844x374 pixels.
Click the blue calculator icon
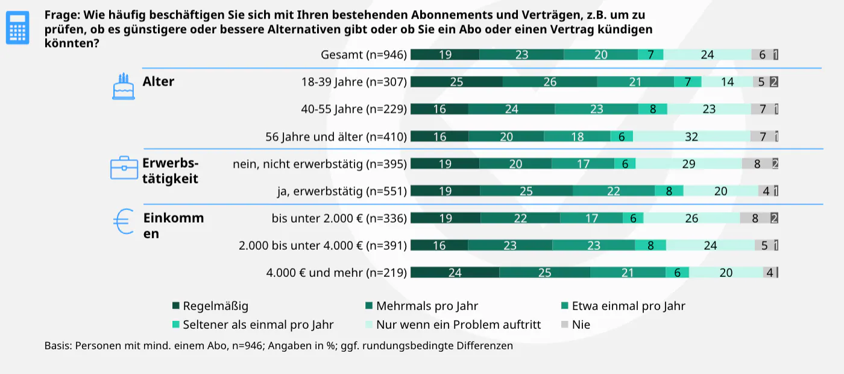click(x=17, y=27)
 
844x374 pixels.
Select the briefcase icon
click(x=124, y=168)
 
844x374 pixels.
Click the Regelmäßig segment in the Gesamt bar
click(x=445, y=55)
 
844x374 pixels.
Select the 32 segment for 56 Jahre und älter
click(x=691, y=137)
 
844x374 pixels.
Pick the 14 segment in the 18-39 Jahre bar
click(x=727, y=82)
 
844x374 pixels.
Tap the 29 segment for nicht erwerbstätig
click(x=689, y=164)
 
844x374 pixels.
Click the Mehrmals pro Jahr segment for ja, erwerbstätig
click(x=526, y=191)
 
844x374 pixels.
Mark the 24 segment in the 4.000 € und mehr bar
click(x=455, y=273)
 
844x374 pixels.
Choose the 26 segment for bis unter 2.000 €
click(x=691, y=218)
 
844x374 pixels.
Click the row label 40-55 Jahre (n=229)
click(x=354, y=109)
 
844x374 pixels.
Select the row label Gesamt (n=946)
click(x=364, y=55)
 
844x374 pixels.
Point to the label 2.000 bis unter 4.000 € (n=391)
click(x=323, y=246)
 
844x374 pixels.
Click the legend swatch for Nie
click(x=565, y=325)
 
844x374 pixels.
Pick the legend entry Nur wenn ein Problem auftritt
click(x=458, y=325)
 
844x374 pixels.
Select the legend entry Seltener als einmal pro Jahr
click(x=258, y=325)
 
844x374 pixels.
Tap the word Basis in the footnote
click(x=58, y=346)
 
